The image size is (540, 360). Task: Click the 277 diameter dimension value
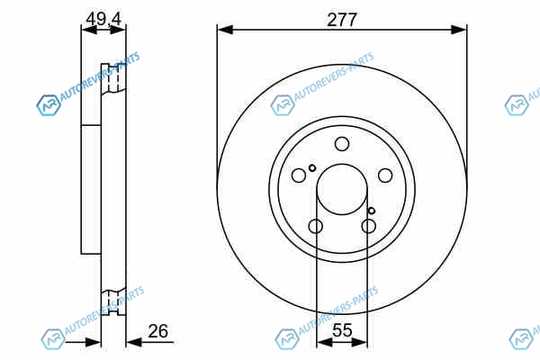pyautogui.click(x=342, y=20)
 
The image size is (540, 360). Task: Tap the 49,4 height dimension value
pyautogui.click(x=103, y=19)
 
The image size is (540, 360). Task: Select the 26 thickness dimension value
pyautogui.click(x=158, y=331)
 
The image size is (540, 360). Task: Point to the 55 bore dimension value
pyautogui.click(x=342, y=330)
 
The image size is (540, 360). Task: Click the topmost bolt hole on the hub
pyautogui.click(x=342, y=144)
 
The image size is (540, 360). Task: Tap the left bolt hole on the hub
pyautogui.click(x=299, y=175)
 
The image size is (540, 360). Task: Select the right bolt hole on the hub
pyautogui.click(x=385, y=175)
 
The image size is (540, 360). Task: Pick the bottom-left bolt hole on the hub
pyautogui.click(x=316, y=226)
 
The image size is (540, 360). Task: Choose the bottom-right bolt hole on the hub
pyautogui.click(x=368, y=226)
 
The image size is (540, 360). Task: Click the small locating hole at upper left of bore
pyautogui.click(x=312, y=168)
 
